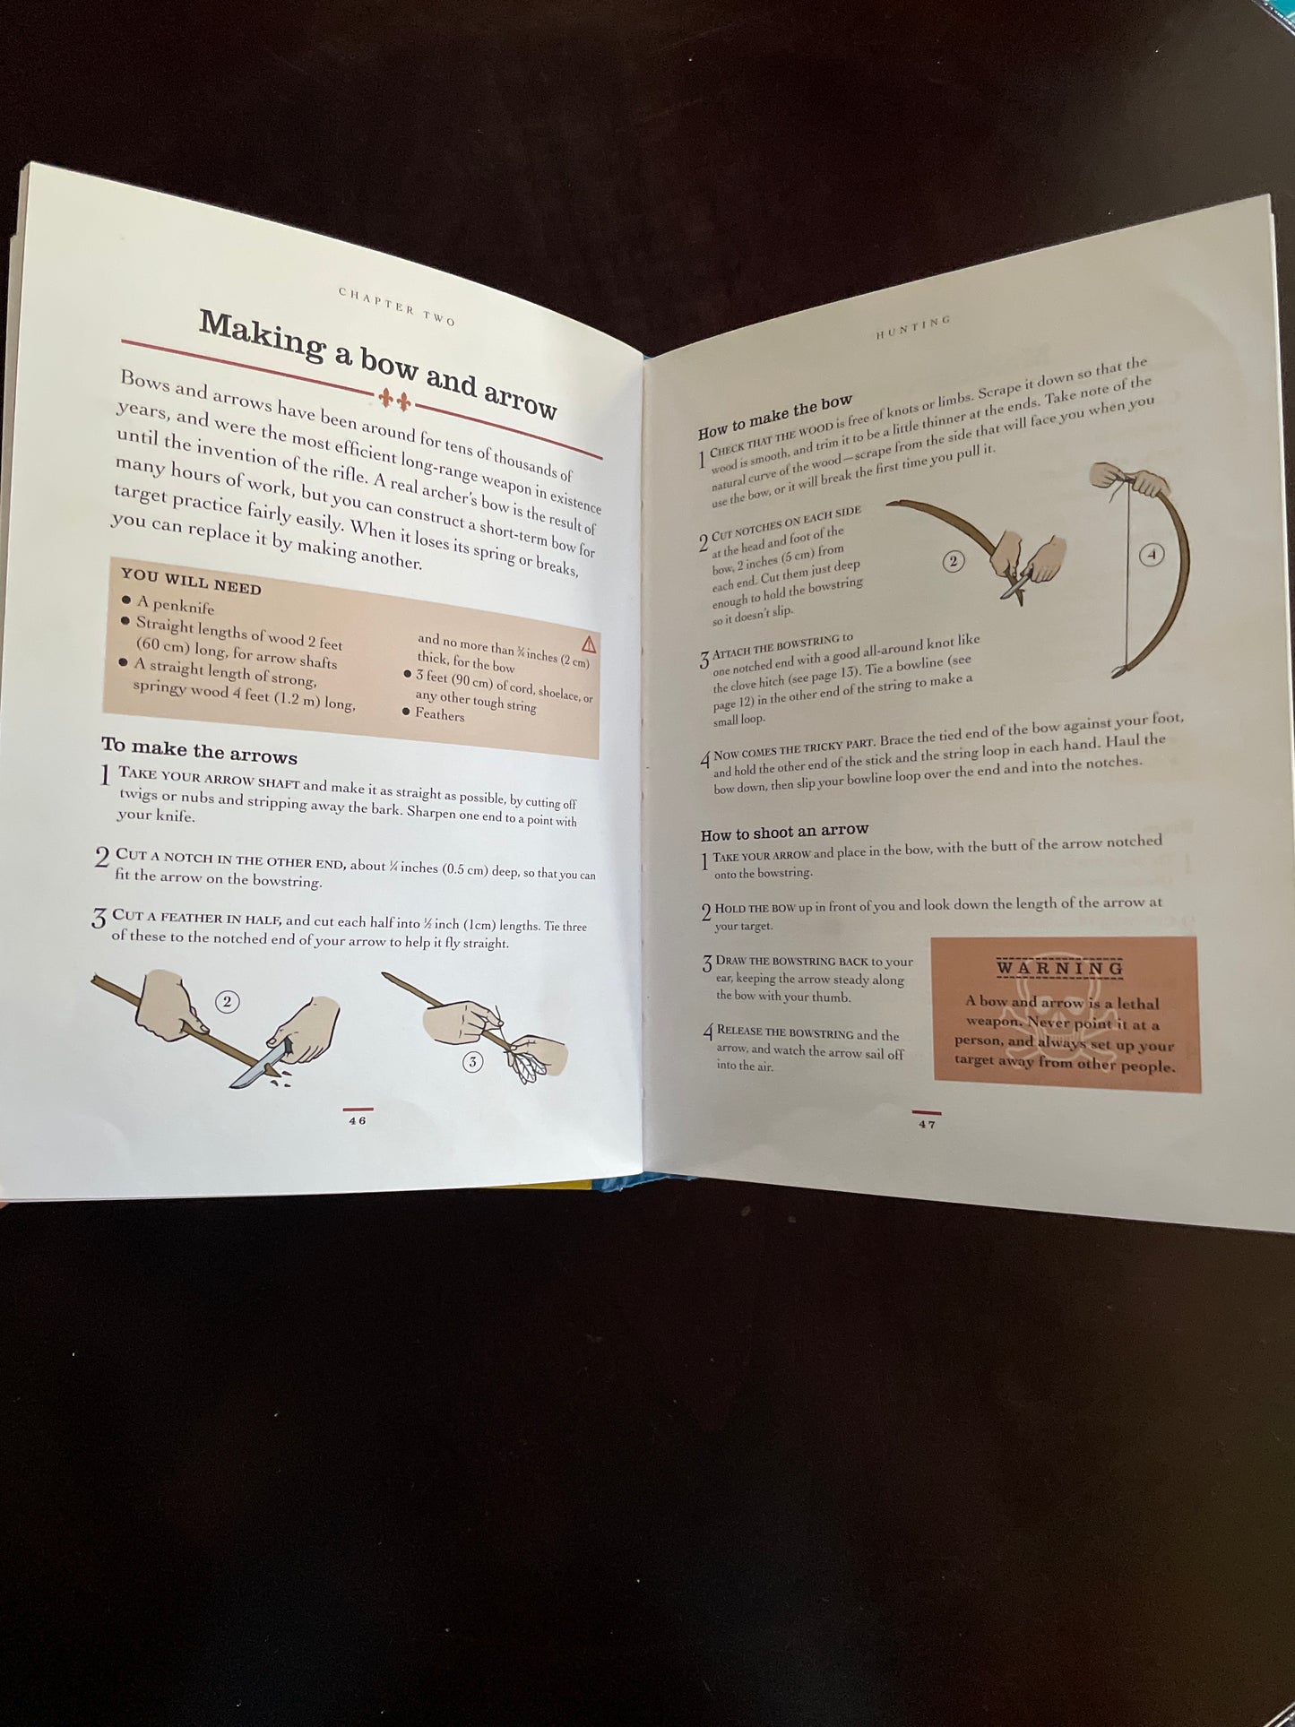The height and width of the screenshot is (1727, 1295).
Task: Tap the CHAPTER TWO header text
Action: pyautogui.click(x=397, y=306)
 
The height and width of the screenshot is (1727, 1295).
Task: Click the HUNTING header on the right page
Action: pyautogui.click(x=912, y=327)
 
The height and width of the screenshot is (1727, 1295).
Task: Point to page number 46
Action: pyautogui.click(x=358, y=1120)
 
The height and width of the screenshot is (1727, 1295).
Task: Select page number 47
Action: pyautogui.click(x=927, y=1123)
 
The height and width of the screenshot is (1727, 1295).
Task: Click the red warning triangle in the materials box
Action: pyautogui.click(x=588, y=643)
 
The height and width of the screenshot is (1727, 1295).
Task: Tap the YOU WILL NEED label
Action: pyautogui.click(x=191, y=581)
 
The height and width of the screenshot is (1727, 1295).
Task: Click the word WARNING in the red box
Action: pyautogui.click(x=1060, y=968)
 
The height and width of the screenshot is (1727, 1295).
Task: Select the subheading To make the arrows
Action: pyautogui.click(x=199, y=750)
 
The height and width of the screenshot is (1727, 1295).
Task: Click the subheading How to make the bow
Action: pyautogui.click(x=775, y=417)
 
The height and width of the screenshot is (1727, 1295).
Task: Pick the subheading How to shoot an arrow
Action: pyautogui.click(x=784, y=833)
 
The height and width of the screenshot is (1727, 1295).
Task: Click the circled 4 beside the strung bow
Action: pyautogui.click(x=1152, y=555)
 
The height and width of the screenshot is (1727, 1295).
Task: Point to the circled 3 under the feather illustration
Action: pyautogui.click(x=472, y=1062)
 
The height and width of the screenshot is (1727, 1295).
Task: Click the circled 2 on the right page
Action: pyautogui.click(x=953, y=561)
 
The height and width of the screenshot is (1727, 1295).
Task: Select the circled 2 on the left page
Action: pyautogui.click(x=227, y=1001)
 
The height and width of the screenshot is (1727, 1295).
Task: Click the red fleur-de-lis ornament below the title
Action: pyautogui.click(x=395, y=400)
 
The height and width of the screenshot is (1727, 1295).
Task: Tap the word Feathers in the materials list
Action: pyautogui.click(x=439, y=714)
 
